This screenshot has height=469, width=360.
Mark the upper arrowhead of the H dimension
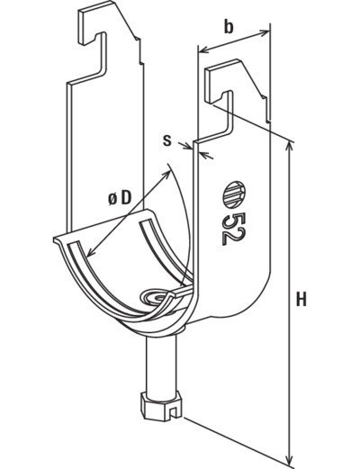289,145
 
